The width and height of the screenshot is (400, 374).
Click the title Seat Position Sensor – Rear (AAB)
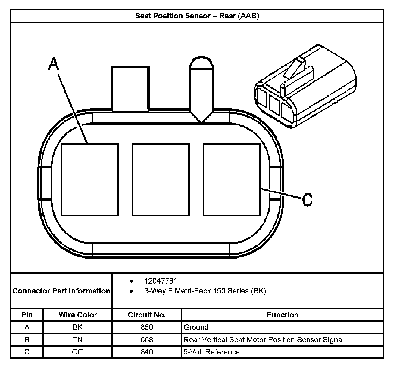coord(197,16)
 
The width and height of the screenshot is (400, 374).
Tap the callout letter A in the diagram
coord(53,64)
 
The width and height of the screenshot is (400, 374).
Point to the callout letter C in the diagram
coord(307,199)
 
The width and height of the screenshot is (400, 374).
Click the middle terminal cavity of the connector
coord(161,179)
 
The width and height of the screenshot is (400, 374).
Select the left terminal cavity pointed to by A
coord(89,179)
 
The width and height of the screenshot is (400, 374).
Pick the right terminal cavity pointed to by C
coord(232,179)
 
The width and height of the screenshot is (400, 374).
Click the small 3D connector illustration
coord(304,87)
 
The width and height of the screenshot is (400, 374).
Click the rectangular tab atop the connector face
coord(130,89)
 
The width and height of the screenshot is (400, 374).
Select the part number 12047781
coord(161,281)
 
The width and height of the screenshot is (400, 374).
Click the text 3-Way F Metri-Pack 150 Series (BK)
coord(205,291)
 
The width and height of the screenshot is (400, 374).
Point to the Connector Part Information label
coord(61,291)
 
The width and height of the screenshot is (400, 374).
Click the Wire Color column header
coord(78,315)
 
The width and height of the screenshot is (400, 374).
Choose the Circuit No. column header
coord(147,315)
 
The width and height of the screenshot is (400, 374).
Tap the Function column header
coord(283,315)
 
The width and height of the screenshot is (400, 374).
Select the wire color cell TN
coord(78,339)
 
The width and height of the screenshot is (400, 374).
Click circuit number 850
coord(147,327)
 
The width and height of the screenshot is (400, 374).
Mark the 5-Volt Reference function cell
coord(212,352)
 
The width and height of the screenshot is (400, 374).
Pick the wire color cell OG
coord(78,352)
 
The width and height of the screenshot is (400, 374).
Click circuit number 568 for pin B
coord(147,339)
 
